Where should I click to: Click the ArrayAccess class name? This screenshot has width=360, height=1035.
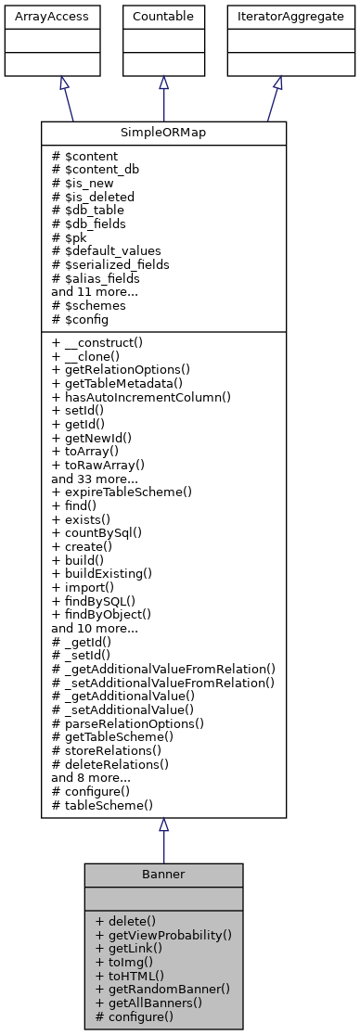[37, 17]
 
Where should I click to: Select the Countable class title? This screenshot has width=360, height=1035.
[163, 17]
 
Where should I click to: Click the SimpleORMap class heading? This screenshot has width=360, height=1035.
[163, 133]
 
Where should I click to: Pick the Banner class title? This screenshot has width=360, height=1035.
[163, 875]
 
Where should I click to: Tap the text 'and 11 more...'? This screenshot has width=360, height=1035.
[94, 290]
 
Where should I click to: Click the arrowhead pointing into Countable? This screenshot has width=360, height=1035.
[163, 83]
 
